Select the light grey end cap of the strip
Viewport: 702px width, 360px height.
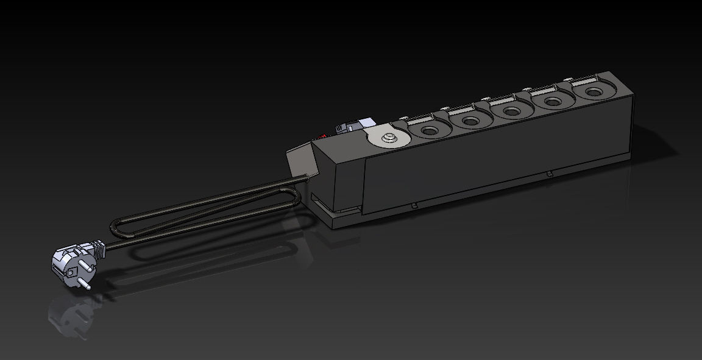tap(299, 160)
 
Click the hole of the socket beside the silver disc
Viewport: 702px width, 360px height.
tap(429, 130)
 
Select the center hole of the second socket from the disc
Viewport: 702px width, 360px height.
tap(471, 121)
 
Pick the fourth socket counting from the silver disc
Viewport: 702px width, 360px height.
tap(553, 102)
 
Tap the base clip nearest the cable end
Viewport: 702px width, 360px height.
tap(414, 206)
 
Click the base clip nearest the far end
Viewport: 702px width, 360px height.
tap(550, 174)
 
